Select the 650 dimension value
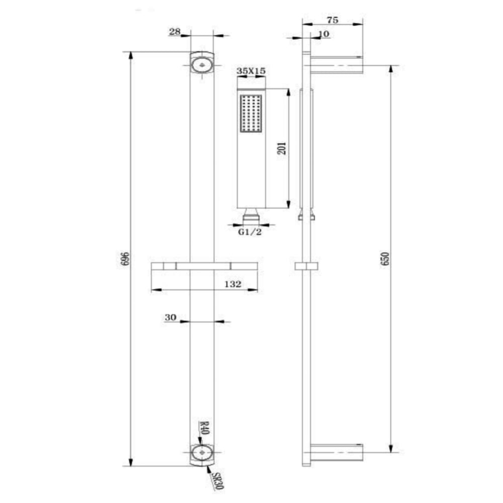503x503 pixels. coord(386,258)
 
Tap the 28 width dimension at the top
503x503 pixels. coord(175,32)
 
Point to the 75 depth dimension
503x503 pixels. coord(332,20)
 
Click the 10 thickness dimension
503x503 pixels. coord(324,34)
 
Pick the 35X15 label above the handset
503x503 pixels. coord(251,71)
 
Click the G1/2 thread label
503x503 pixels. coord(250,232)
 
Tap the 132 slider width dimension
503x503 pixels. coord(233,284)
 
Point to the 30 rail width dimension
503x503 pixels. coord(170,317)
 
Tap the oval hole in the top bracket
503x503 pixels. coord(202,64)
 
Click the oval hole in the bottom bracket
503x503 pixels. coord(202,453)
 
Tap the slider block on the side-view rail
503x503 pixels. coord(305,267)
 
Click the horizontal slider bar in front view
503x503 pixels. coord(204,265)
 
